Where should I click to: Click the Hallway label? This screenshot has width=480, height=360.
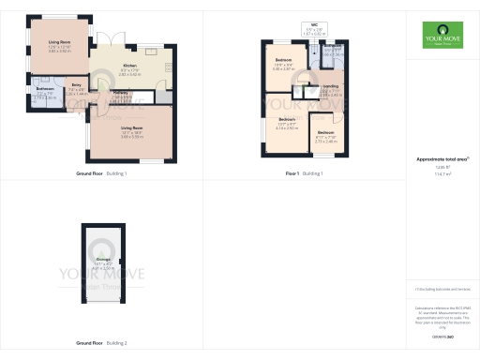pos(122,93)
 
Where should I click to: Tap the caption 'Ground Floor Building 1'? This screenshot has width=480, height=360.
pos(101,173)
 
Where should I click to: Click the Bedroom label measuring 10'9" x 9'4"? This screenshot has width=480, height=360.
pos(283,62)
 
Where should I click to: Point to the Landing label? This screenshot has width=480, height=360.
pos(331,88)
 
